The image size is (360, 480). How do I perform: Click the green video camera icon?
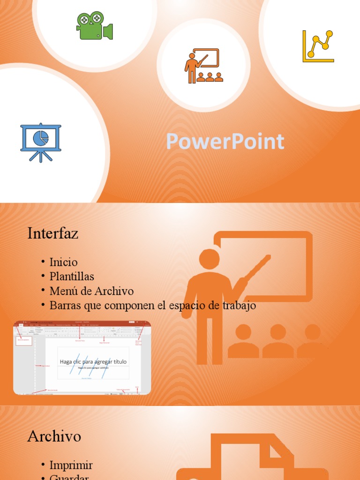[x=94, y=25]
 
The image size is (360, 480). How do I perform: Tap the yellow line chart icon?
[x=318, y=46]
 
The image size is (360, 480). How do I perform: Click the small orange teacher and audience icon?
[x=203, y=66]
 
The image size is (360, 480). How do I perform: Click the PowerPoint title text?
[x=225, y=142]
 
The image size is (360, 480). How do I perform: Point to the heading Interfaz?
[x=52, y=233]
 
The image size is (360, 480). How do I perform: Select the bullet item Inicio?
[x=64, y=262]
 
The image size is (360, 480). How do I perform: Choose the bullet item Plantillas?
[x=72, y=277]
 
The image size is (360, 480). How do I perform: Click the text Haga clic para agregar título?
[x=93, y=361]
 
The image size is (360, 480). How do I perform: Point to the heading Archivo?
[x=54, y=436]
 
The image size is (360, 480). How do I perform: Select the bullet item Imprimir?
[x=71, y=465]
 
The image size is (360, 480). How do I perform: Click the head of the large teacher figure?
[x=209, y=259]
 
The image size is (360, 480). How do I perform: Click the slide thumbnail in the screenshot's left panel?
[x=24, y=340]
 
